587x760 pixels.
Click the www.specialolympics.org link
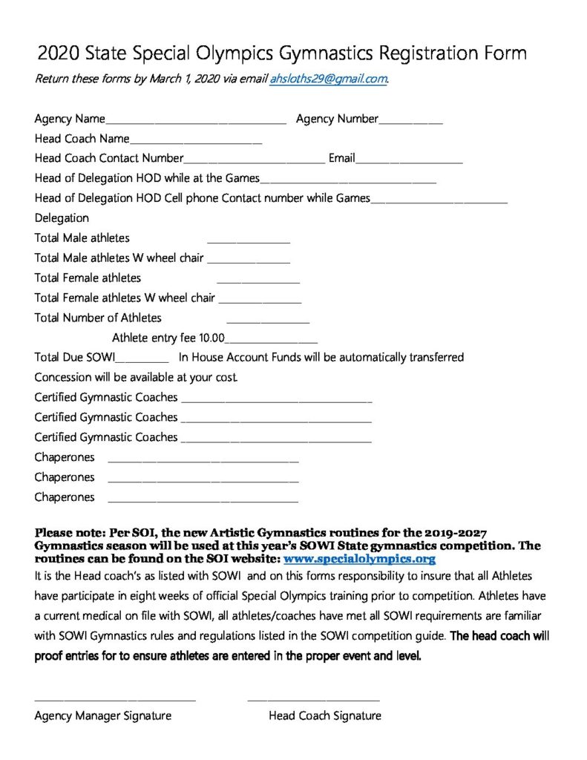[x=359, y=559]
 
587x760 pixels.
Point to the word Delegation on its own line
[x=62, y=218]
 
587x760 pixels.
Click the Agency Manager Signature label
[x=102, y=716]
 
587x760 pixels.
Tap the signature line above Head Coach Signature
[x=313, y=699]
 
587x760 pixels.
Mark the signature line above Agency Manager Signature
[x=115, y=699]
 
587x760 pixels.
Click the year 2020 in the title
[x=59, y=53]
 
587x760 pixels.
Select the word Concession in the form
[x=63, y=377]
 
